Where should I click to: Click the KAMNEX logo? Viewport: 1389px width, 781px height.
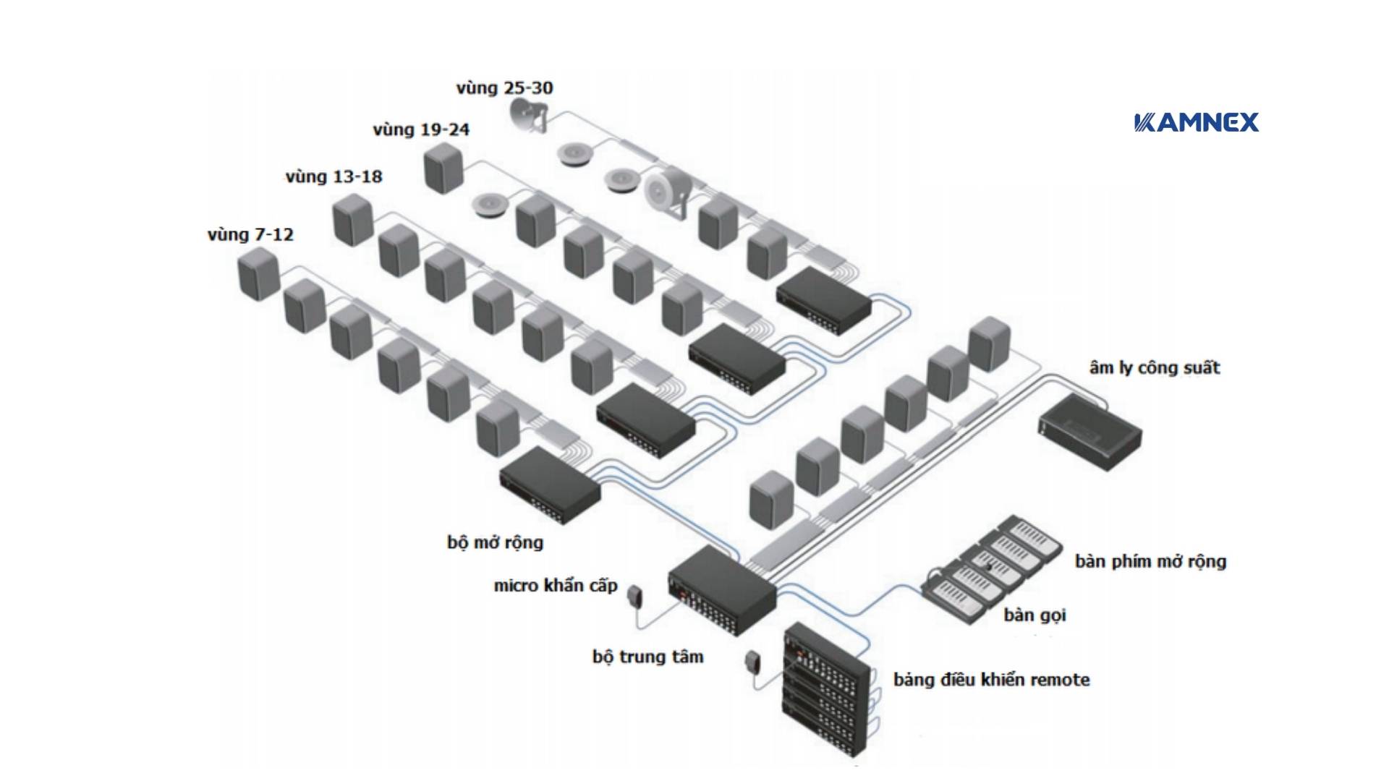point(1197,122)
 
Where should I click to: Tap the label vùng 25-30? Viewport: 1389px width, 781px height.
point(504,88)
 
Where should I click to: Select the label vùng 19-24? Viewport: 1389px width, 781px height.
point(421,130)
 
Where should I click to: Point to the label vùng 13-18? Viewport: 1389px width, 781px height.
point(334,177)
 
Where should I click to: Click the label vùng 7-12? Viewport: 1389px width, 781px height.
point(250,235)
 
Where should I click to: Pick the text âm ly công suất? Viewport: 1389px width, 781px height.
point(1154,368)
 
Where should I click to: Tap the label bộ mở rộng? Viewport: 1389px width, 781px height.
point(495,542)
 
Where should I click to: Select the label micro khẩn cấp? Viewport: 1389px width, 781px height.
point(555,586)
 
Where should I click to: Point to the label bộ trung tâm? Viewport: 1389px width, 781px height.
point(647,657)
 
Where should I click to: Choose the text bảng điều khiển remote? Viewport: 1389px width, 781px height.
point(991,680)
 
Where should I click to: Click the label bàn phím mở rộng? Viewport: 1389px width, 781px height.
point(1150,561)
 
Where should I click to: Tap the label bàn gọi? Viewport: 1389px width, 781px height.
point(1035,615)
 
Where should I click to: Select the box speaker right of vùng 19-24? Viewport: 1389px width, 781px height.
point(443,168)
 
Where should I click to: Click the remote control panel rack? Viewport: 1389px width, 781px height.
point(825,691)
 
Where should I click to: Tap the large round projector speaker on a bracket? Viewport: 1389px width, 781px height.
point(663,192)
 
